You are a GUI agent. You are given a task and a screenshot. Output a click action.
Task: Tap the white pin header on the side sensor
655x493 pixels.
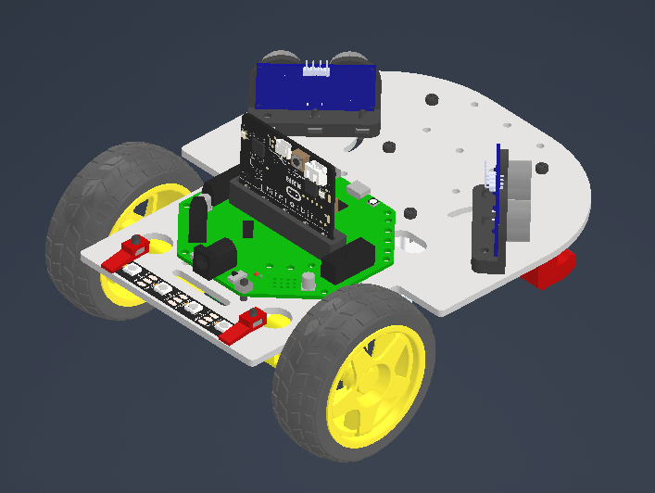tap(488, 175)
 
